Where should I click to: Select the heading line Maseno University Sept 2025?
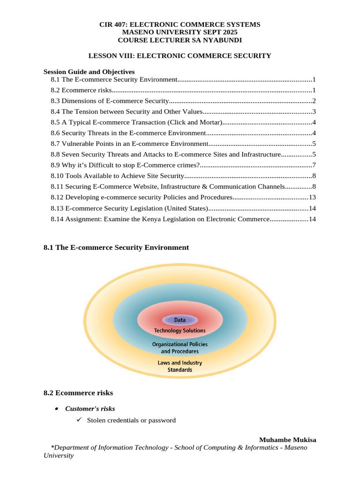click(x=180, y=32)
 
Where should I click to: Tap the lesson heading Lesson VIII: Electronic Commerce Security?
click(x=180, y=56)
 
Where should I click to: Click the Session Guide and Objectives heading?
click(x=89, y=72)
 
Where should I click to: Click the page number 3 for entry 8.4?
click(x=314, y=112)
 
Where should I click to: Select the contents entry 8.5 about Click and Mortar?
click(x=136, y=122)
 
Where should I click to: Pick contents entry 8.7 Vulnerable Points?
click(x=129, y=144)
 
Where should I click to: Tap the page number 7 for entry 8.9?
click(x=314, y=165)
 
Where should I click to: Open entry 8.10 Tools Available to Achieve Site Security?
click(x=117, y=176)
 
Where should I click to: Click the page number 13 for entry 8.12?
click(x=312, y=197)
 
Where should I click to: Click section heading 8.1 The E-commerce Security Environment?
click(x=116, y=247)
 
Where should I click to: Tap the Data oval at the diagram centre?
click(x=180, y=320)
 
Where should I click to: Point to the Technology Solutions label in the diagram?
click(x=180, y=330)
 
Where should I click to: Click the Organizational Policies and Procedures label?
click(x=180, y=348)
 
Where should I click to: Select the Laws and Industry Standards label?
click(x=180, y=366)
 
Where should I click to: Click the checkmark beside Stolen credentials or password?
click(x=79, y=420)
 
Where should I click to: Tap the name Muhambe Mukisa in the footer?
click(x=287, y=440)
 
